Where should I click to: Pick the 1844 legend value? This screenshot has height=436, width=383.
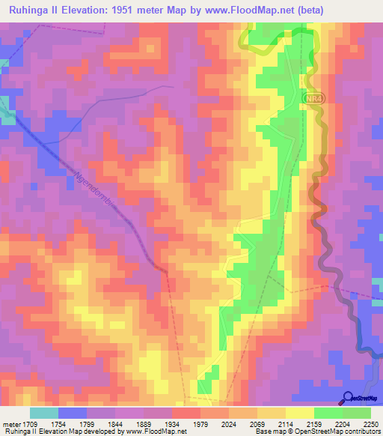115,424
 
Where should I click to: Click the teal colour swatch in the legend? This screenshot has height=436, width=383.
44,413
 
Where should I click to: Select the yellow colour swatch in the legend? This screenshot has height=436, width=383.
299,413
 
